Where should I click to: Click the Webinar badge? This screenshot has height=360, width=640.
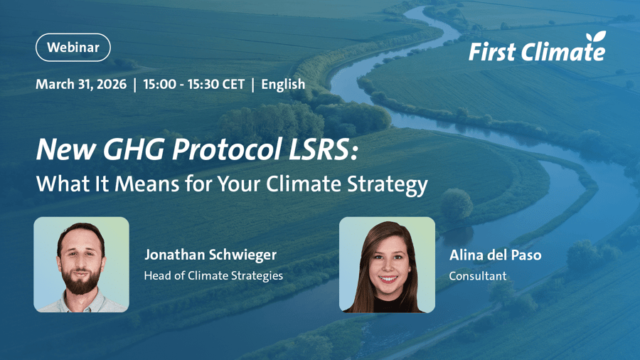(x=73, y=48)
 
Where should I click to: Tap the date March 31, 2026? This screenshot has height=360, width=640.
(x=81, y=84)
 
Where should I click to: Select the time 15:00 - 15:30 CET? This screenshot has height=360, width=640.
(x=193, y=84)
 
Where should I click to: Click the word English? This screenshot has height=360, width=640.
(x=283, y=84)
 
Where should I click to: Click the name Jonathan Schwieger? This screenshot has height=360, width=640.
(x=210, y=255)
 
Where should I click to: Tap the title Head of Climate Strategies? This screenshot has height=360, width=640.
(x=213, y=275)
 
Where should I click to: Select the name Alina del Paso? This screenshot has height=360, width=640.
(x=495, y=255)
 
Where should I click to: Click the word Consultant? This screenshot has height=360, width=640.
(x=478, y=275)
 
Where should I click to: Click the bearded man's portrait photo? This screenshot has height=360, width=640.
(x=81, y=265)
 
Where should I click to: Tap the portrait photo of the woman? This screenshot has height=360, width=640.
(x=387, y=265)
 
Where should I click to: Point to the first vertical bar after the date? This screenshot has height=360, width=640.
(x=135, y=84)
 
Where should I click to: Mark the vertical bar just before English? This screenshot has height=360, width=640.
(x=253, y=84)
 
